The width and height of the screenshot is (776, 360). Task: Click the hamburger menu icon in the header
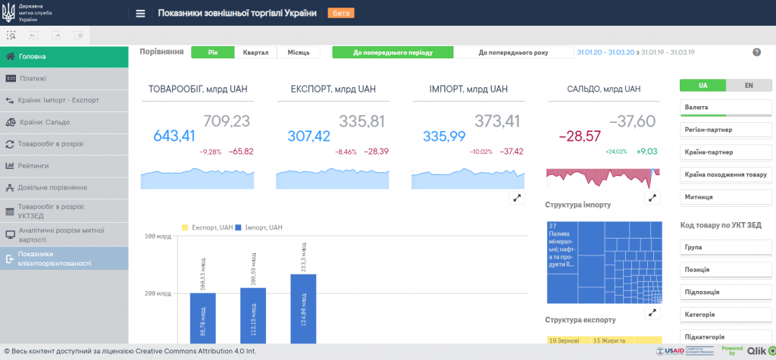coord(140,13)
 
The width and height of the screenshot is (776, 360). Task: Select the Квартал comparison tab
coord(255,52)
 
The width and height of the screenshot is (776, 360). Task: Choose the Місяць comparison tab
coord(298,52)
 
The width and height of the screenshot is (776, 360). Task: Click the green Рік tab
coord(212,52)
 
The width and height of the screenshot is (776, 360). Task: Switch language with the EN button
coord(749,85)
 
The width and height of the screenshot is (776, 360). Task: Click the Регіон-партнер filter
coord(726,130)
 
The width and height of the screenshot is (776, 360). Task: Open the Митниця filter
coord(726,197)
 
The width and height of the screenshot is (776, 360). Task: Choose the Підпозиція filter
coord(726,292)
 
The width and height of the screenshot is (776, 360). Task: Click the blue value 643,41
coord(174,136)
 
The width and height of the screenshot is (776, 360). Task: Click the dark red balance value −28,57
coord(580,136)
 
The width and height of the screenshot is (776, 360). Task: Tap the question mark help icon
coord(756,52)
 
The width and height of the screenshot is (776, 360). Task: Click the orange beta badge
coord(340,13)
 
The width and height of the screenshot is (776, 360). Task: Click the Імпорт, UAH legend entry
coord(260,227)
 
